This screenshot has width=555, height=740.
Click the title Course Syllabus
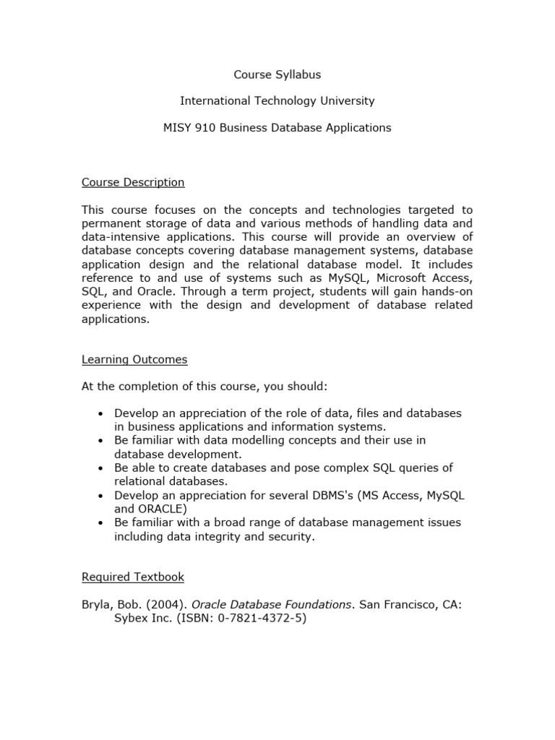(277, 74)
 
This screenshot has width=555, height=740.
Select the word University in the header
(346, 101)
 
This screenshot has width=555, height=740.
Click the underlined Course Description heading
(133, 182)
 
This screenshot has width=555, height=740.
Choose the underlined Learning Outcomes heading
(134, 359)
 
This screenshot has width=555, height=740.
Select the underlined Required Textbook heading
(133, 577)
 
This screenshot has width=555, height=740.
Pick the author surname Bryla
(97, 604)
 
